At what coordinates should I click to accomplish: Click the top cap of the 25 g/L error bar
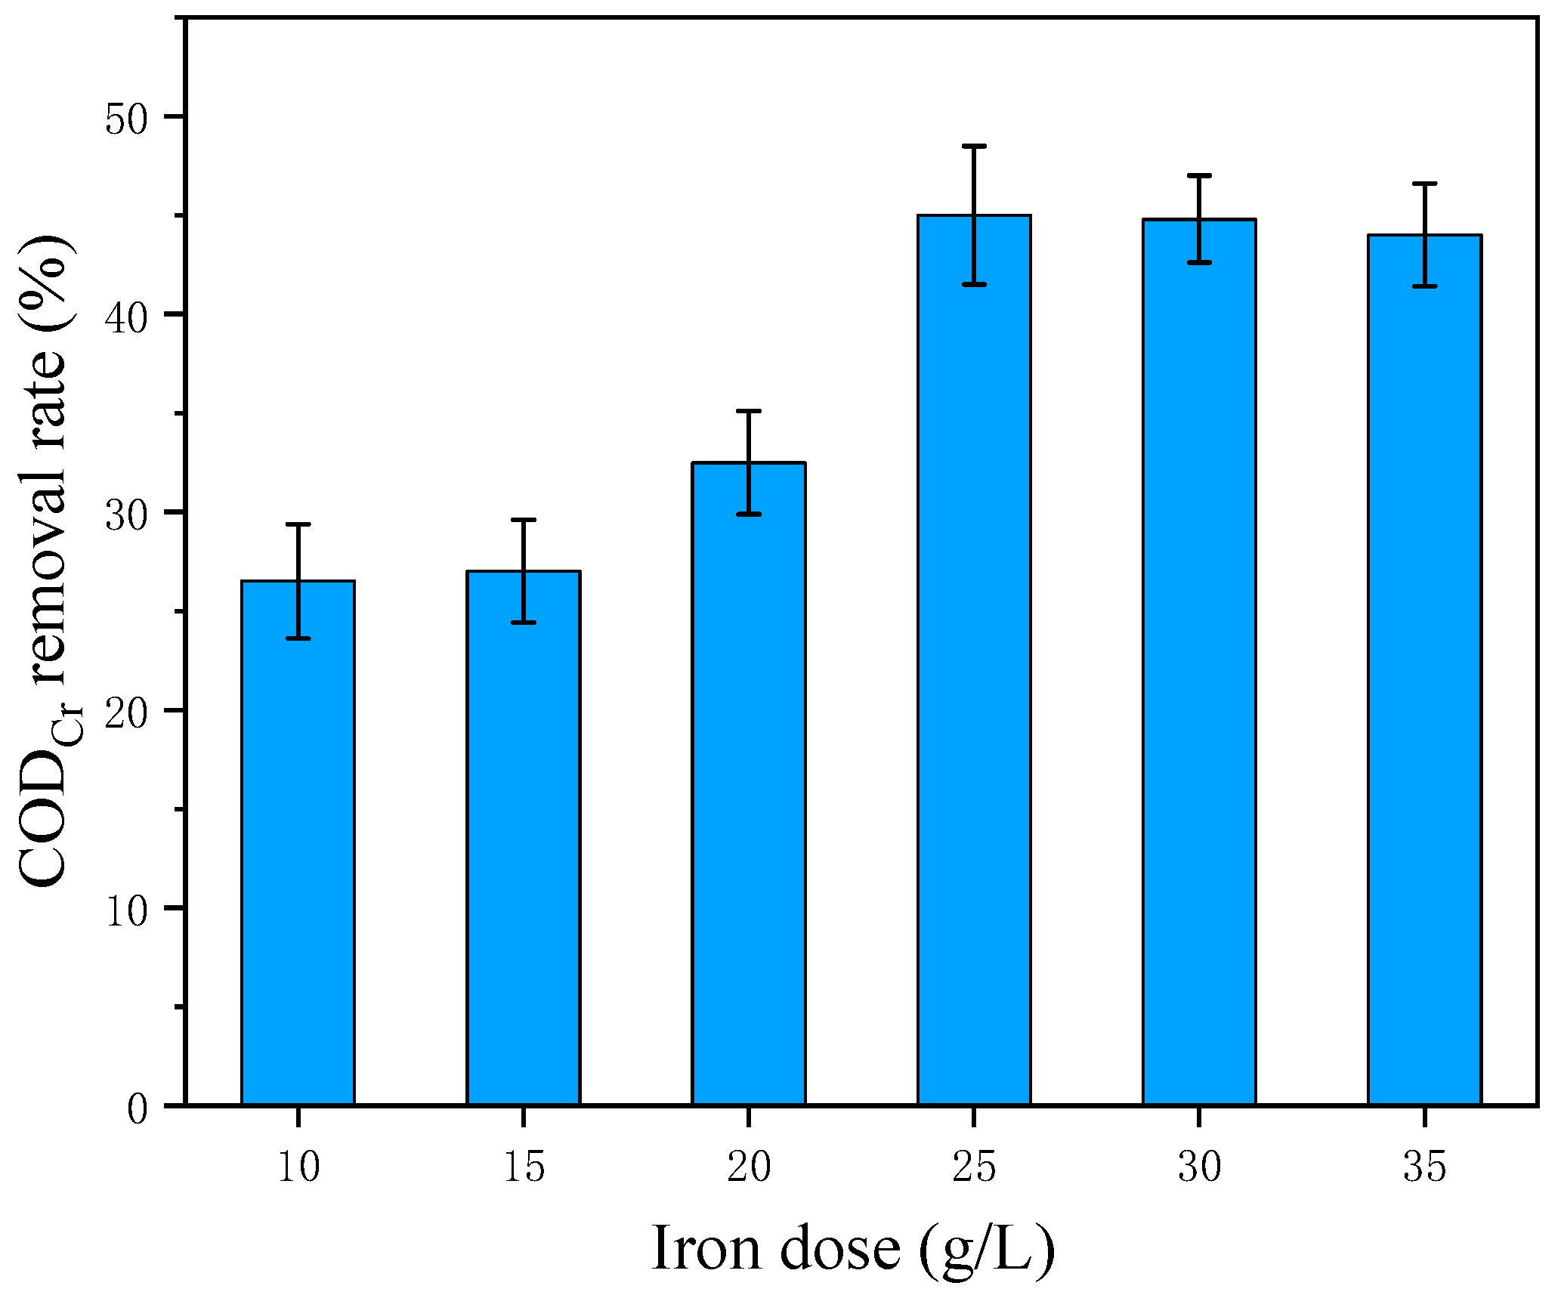click(x=974, y=146)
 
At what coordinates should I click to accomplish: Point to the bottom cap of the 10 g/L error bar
click(x=298, y=638)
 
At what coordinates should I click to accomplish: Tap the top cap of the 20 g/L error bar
click(x=748, y=411)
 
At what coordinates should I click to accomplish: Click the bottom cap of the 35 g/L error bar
click(x=1424, y=286)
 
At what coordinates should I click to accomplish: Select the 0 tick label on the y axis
click(x=138, y=1108)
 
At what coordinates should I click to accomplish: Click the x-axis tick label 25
click(x=974, y=1167)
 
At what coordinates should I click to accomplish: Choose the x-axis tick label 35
click(x=1424, y=1167)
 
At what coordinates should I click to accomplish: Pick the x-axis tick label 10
click(x=298, y=1167)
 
